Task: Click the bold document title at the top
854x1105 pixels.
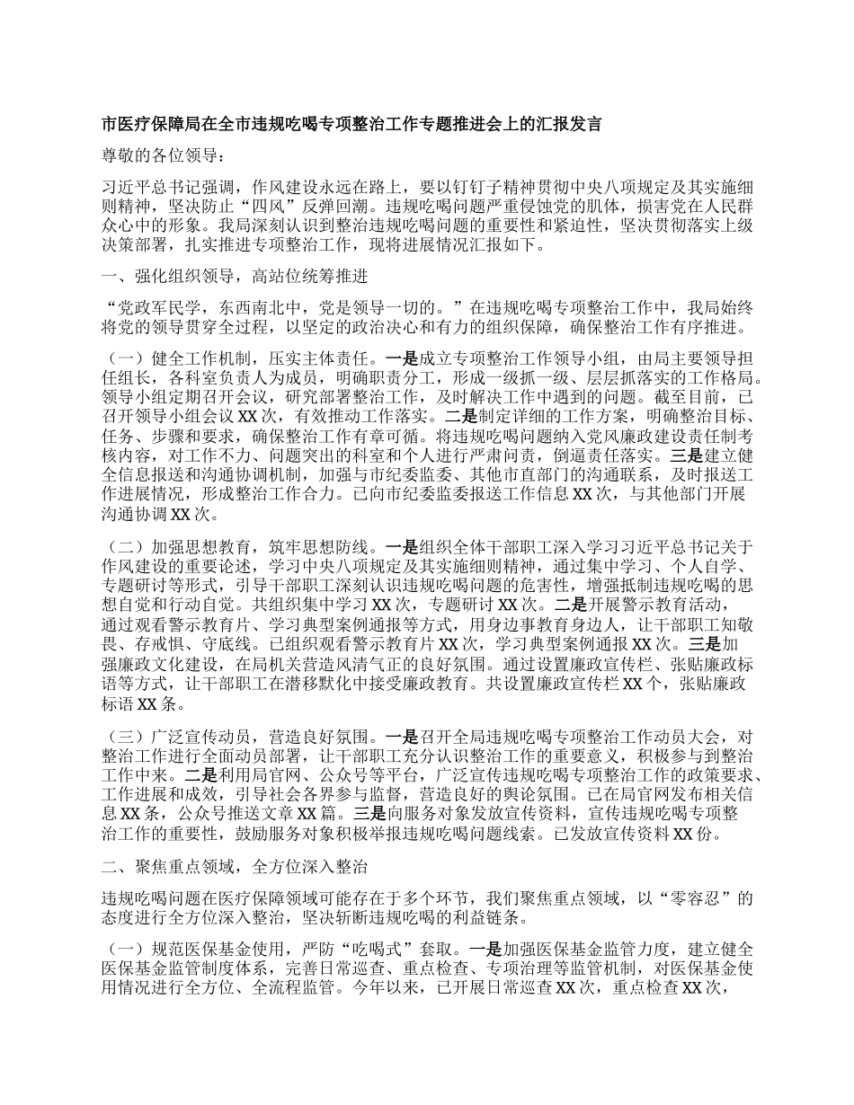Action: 351,124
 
